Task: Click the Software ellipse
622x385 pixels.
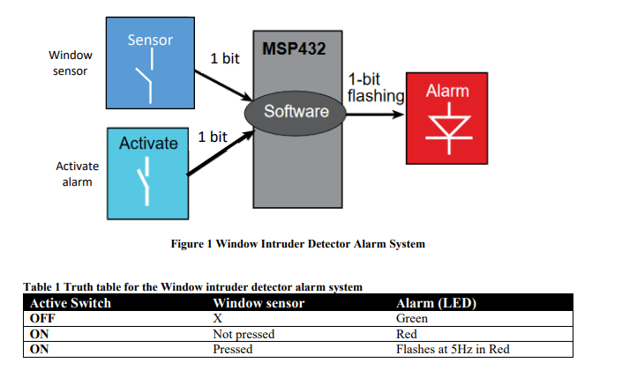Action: tap(296, 111)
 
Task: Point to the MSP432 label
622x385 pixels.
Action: tap(294, 48)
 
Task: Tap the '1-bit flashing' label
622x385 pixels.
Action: tap(375, 86)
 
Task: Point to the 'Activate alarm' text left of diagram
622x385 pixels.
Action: tap(77, 174)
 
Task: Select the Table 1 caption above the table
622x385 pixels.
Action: tap(192, 287)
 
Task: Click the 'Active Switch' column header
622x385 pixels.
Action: tap(71, 304)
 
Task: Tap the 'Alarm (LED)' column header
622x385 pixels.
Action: tap(437, 304)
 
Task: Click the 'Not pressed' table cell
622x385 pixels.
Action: tap(244, 334)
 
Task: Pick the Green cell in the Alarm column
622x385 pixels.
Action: tap(412, 319)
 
